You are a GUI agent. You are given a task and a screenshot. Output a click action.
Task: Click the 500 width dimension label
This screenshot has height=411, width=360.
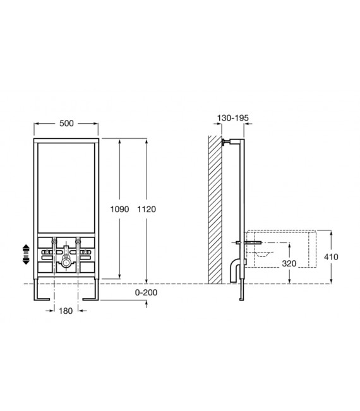click(66, 123)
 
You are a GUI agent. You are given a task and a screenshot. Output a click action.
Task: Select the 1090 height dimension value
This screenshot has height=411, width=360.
click(119, 209)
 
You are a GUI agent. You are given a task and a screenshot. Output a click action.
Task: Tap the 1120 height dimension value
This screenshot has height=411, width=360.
click(147, 209)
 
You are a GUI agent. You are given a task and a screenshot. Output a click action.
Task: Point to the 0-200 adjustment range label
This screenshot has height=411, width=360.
click(146, 292)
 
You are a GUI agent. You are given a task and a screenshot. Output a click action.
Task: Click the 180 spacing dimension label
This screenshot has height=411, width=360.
click(66, 311)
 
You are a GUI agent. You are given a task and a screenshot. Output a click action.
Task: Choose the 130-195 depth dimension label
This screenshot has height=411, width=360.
click(232, 118)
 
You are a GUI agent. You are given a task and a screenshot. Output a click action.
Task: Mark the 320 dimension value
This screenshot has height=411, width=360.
click(289, 263)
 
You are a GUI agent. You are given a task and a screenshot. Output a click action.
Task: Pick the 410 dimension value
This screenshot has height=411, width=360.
click(331, 257)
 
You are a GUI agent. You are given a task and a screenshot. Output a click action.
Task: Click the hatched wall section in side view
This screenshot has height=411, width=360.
click(215, 210)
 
